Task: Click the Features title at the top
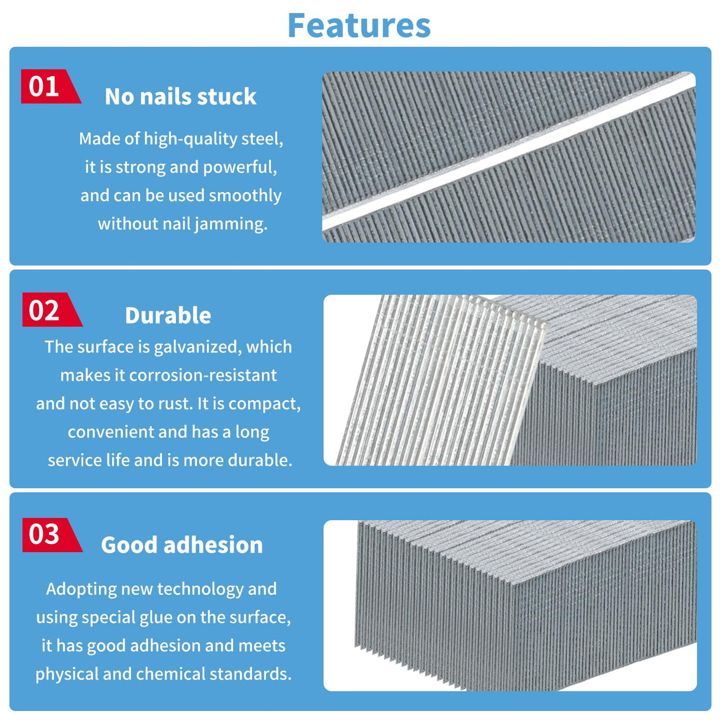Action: click(359, 26)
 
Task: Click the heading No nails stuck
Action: click(180, 97)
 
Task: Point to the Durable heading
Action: click(168, 316)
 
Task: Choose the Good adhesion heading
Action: click(182, 544)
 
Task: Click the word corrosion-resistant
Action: click(203, 375)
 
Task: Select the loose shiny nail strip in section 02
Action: click(441, 379)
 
